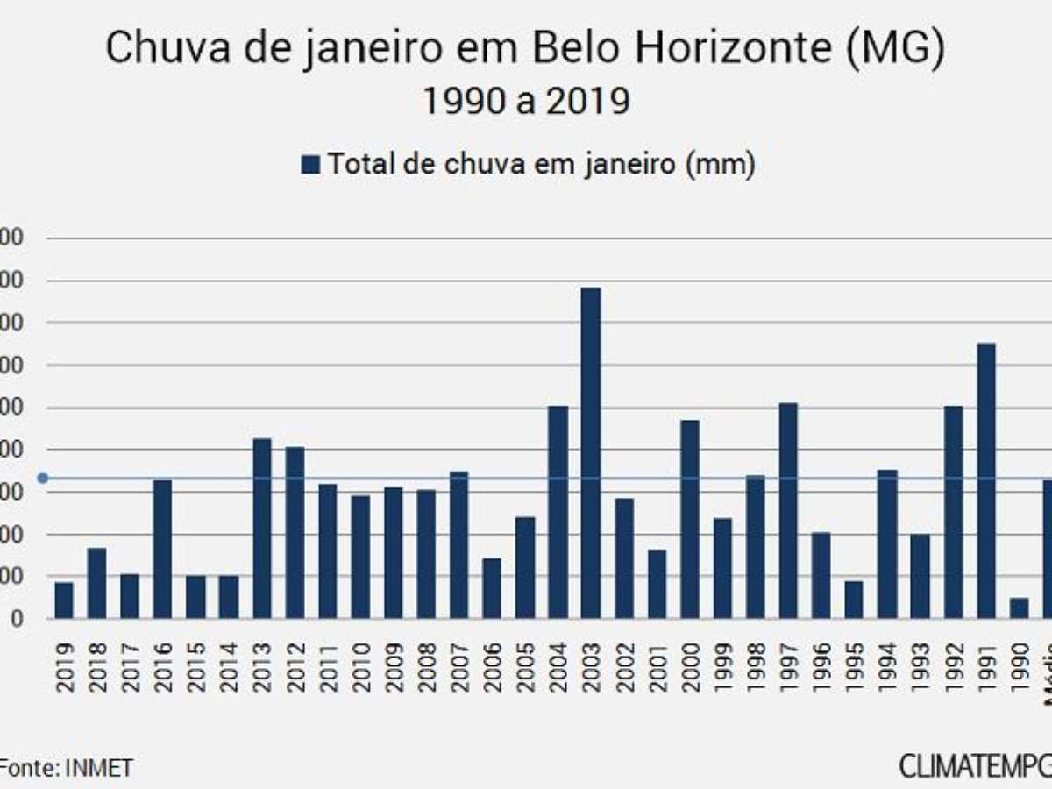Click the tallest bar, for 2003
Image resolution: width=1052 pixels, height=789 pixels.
(x=591, y=452)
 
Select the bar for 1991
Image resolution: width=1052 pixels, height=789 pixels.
(x=986, y=480)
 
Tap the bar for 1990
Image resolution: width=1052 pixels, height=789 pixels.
(x=1019, y=608)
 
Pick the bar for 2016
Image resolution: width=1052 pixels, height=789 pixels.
(x=162, y=549)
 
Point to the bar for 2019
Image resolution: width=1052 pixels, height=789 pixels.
(x=64, y=601)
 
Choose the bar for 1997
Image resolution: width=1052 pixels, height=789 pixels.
(x=788, y=510)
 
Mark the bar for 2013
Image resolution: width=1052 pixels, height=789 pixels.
(x=262, y=528)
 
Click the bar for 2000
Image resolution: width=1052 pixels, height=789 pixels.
(x=690, y=519)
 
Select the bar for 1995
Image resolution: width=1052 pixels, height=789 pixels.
(x=854, y=600)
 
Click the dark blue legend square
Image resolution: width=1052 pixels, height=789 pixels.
(x=310, y=165)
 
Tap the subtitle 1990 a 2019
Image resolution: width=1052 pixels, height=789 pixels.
(x=526, y=102)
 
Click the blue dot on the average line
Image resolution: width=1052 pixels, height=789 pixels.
(x=42, y=478)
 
